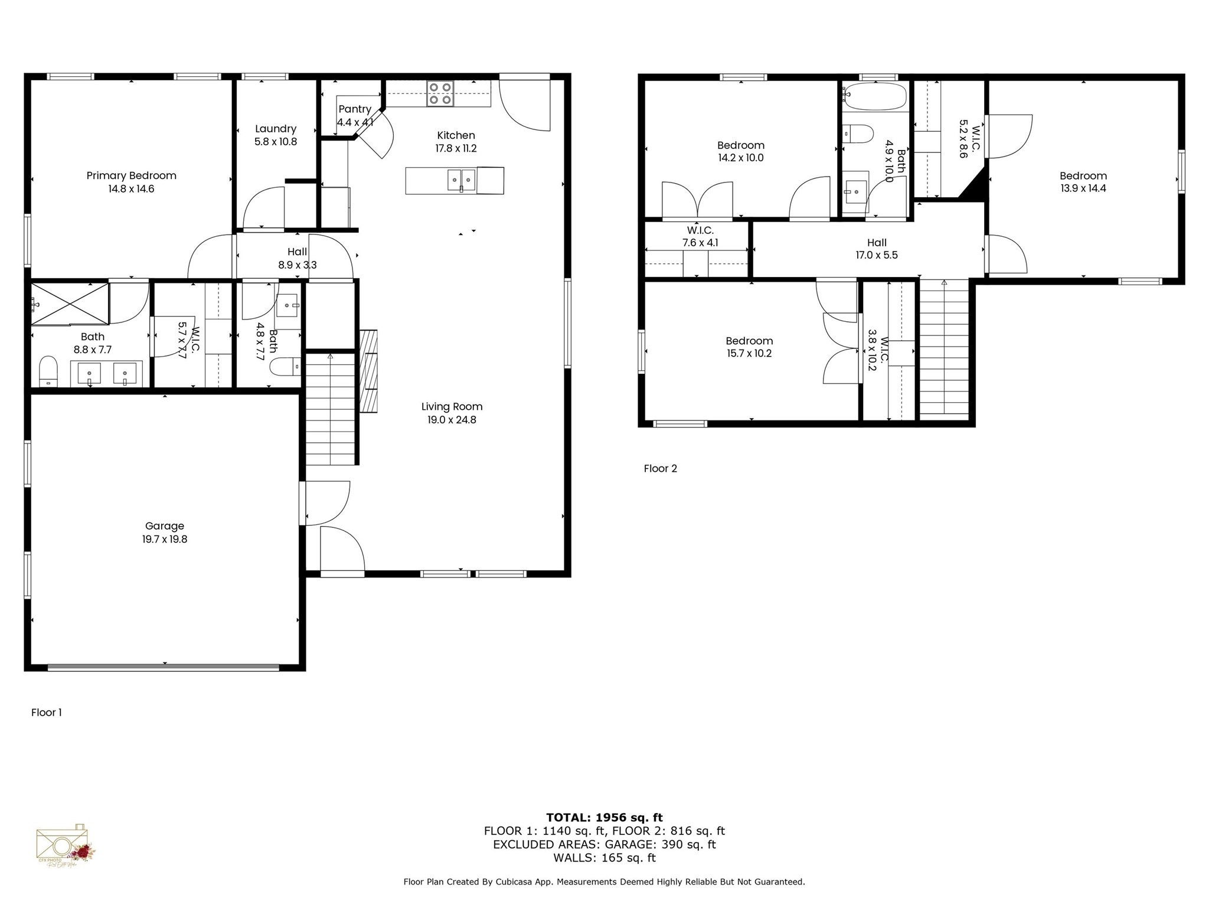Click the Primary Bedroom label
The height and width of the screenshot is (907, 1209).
click(x=131, y=175)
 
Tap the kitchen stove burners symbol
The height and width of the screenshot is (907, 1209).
click(x=440, y=94)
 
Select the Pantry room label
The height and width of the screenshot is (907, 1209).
click(x=354, y=109)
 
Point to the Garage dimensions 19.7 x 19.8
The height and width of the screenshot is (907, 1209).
click(x=165, y=539)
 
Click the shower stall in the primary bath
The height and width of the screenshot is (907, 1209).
click(x=70, y=304)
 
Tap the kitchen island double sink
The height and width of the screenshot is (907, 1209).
click(x=461, y=180)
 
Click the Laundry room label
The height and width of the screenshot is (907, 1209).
click(x=275, y=129)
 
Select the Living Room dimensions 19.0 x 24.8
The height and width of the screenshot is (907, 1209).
click(x=452, y=420)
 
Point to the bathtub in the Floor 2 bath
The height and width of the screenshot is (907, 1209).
click(x=875, y=96)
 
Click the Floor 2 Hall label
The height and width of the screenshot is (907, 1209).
click(x=877, y=242)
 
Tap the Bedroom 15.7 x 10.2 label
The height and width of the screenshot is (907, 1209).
click(x=749, y=341)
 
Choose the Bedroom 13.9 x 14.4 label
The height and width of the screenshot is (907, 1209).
click(x=1083, y=175)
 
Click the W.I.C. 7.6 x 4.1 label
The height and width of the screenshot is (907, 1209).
click(x=700, y=230)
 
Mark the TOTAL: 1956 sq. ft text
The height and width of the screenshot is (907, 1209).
click(x=604, y=817)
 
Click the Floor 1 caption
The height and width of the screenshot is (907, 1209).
click(x=46, y=712)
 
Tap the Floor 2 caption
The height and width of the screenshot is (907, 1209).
click(x=660, y=468)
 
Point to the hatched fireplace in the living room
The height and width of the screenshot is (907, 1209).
click(x=368, y=371)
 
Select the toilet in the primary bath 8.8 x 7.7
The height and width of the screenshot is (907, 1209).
click(x=48, y=371)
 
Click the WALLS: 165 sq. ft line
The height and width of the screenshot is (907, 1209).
click(x=604, y=857)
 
